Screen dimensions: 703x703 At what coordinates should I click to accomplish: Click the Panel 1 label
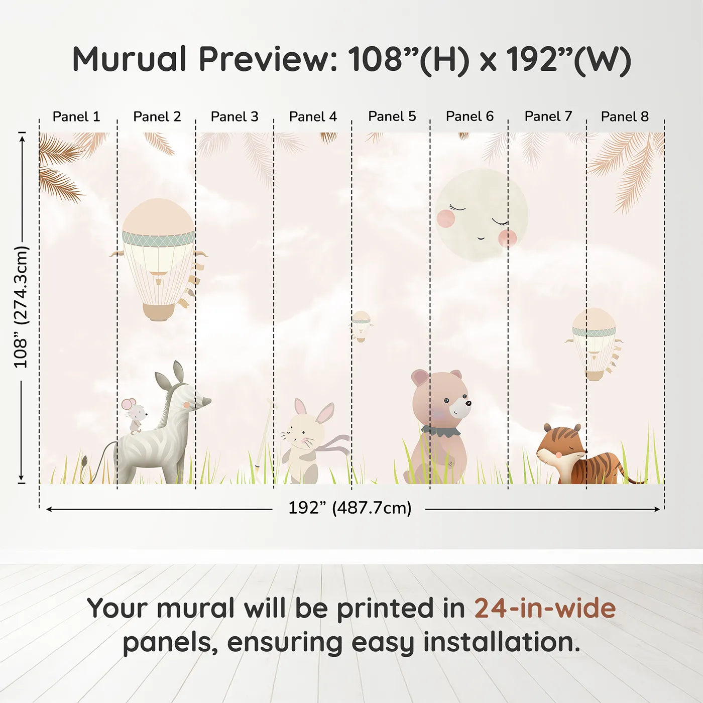(x=76, y=116)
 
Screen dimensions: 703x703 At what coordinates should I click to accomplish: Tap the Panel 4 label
(x=313, y=116)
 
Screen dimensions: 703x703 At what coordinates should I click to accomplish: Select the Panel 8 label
(x=625, y=116)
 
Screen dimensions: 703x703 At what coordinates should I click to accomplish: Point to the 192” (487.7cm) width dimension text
(x=349, y=508)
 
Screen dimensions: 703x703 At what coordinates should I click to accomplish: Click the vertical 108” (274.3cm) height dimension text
(x=21, y=306)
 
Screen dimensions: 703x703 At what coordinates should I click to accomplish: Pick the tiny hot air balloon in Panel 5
(x=361, y=326)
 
